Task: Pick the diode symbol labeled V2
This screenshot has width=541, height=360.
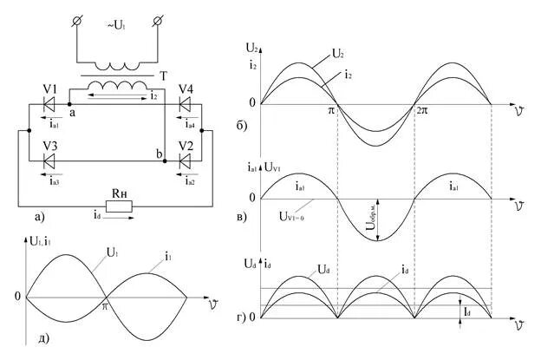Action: click(x=184, y=160)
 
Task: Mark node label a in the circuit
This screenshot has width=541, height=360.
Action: click(x=71, y=113)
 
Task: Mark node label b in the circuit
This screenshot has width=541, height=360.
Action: click(x=159, y=154)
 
